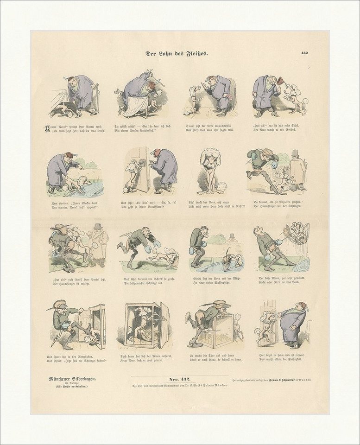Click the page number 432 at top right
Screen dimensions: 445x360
[x=303, y=53]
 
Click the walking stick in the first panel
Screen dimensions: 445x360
[x=97, y=99]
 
